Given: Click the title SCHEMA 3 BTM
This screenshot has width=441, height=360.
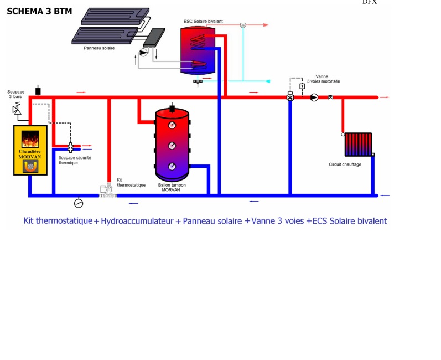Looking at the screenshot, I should coord(39,11).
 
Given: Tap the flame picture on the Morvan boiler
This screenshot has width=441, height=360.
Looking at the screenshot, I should coord(30,138).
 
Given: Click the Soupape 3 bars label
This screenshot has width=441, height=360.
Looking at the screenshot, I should coord(15,94).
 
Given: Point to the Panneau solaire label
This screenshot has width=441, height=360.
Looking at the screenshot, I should coord(99,48).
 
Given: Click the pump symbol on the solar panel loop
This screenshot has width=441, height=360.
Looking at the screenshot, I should coord(143,53).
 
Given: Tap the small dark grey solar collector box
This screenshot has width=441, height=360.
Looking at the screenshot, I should coord(154,37).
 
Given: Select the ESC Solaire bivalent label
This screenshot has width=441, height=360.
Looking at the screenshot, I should coord(203,21).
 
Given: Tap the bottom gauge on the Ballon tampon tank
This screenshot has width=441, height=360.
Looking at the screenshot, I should coord(172,166).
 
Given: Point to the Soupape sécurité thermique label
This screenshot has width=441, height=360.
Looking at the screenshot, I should coord(75,160).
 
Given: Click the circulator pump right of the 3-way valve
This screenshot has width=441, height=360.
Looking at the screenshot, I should coord(314,97).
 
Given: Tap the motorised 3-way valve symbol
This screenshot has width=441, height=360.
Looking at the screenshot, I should coord(290,97).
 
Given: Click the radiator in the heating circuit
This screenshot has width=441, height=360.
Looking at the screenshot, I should coord(358,144).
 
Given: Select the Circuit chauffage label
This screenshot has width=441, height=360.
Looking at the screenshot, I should coord(345,164).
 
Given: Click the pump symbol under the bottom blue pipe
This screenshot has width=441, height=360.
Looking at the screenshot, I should coord(79,203).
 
